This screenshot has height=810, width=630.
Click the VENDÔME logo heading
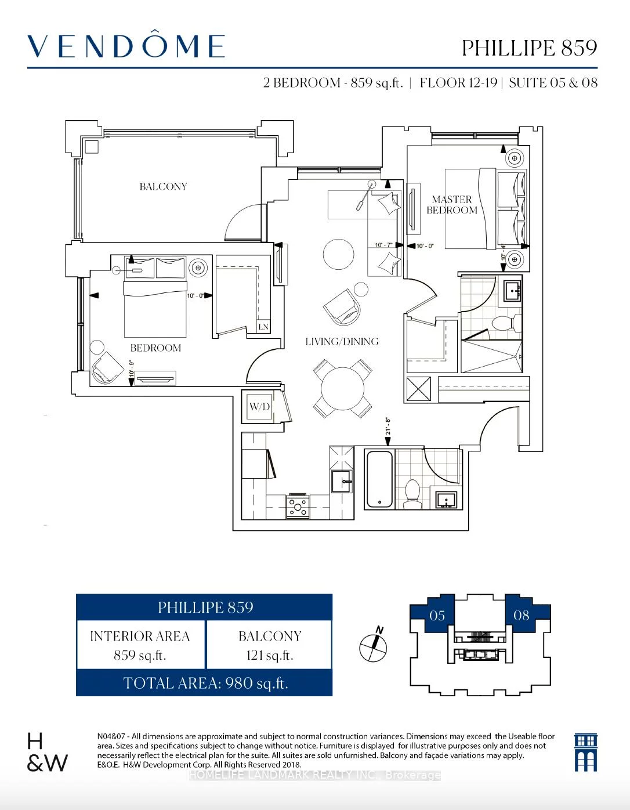(x=126, y=46)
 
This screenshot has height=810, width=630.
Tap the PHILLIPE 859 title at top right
(x=529, y=48)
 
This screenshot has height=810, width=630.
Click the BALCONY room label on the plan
(x=163, y=187)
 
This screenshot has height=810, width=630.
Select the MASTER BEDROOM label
(x=452, y=205)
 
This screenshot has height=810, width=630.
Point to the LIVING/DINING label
(x=342, y=342)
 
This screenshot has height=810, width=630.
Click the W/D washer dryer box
(x=259, y=407)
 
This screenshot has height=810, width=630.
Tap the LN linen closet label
(x=263, y=327)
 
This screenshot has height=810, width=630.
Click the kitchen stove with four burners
(x=298, y=506)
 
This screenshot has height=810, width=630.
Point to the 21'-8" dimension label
(x=388, y=426)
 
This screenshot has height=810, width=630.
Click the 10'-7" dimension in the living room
(x=383, y=245)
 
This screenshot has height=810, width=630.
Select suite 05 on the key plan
(x=437, y=616)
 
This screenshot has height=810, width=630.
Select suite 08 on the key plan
(x=521, y=616)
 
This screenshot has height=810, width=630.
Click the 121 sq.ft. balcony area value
(x=270, y=656)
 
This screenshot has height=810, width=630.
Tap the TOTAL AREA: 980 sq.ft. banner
(x=205, y=683)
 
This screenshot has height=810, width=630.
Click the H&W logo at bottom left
(x=46, y=753)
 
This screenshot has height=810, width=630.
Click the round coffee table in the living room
(x=338, y=254)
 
